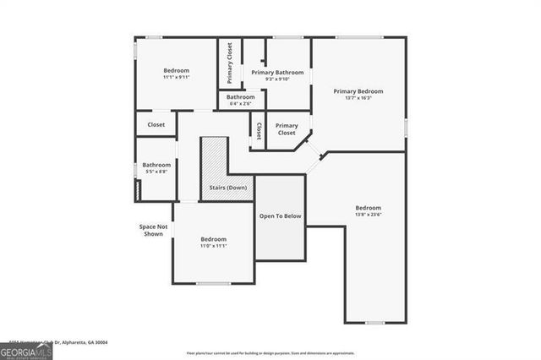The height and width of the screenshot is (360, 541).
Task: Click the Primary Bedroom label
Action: pyautogui.click(x=358, y=91)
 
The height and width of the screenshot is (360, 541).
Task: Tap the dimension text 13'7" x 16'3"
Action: pyautogui.click(x=358, y=98)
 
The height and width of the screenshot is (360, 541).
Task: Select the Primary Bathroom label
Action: pyautogui.click(x=276, y=73)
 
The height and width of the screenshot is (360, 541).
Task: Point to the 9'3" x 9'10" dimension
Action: pyautogui.click(x=276, y=79)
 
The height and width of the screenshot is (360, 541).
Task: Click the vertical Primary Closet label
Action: pyautogui.click(x=229, y=63)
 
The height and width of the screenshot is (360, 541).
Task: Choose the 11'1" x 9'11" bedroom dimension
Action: pyautogui.click(x=177, y=77)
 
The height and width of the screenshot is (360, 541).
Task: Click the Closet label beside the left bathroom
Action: pyautogui.click(x=156, y=125)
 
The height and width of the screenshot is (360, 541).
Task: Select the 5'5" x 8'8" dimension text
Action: pyautogui.click(x=156, y=172)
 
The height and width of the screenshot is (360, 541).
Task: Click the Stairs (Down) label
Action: pyautogui.click(x=228, y=187)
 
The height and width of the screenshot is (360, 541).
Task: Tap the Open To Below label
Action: pyautogui.click(x=280, y=216)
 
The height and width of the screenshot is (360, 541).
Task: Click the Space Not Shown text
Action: pyautogui.click(x=154, y=230)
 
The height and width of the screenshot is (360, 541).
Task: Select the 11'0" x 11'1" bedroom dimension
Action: pyautogui.click(x=214, y=246)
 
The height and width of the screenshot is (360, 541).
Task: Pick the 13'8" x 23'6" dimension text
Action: pyautogui.click(x=368, y=215)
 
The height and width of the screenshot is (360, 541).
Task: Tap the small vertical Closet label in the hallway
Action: pyautogui.click(x=258, y=132)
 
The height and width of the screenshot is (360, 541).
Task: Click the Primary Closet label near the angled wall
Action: pyautogui.click(x=287, y=129)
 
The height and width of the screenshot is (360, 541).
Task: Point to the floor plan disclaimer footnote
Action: pyautogui.click(x=270, y=352)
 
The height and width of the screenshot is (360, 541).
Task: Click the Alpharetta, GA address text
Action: pyautogui.click(x=85, y=343)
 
